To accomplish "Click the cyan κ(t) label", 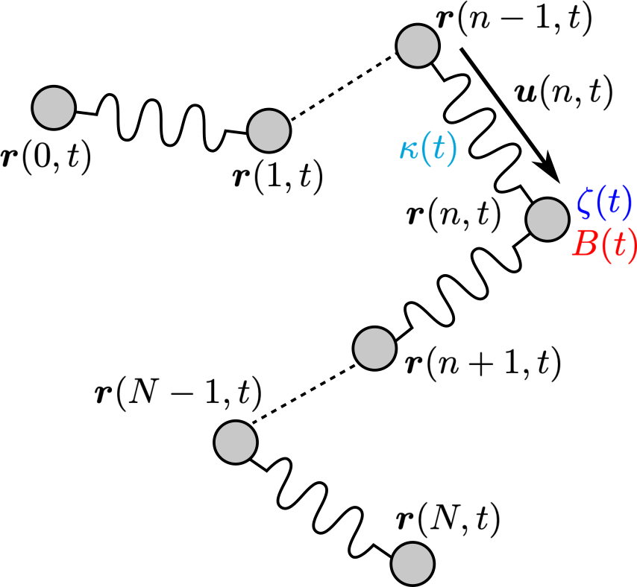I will pyautogui.click(x=428, y=149).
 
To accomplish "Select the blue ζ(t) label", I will pyautogui.click(x=604, y=203).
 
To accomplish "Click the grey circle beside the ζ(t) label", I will pyautogui.click(x=547, y=220).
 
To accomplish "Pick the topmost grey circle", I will pyautogui.click(x=418, y=46).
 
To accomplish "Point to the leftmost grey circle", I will pyautogui.click(x=54, y=108).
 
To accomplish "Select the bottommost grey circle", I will pyautogui.click(x=412, y=564).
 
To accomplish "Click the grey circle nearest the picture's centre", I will pyautogui.click(x=374, y=349).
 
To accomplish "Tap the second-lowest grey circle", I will pyautogui.click(x=236, y=442).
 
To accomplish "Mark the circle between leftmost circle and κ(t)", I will pyautogui.click(x=269, y=131).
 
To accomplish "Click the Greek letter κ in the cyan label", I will pyautogui.click(x=408, y=150).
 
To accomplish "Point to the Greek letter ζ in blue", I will pyautogui.click(x=584, y=203).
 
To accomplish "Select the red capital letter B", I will pyautogui.click(x=584, y=244).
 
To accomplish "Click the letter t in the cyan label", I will pyautogui.click(x=439, y=149).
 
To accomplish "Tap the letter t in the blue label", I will pyautogui.click(x=614, y=203).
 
